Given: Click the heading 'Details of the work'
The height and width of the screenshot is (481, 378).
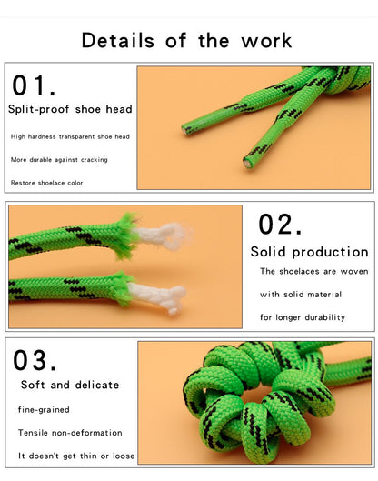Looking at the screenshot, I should (186, 40).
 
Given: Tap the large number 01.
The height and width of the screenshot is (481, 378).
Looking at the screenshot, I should (34, 85).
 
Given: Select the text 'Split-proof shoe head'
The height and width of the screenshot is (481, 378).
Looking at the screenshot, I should (70, 109).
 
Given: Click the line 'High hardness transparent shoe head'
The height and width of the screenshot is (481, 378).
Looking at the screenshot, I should (70, 136).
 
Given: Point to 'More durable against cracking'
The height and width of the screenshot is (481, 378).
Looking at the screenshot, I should (59, 159).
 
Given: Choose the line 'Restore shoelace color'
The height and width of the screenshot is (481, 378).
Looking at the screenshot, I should (48, 183).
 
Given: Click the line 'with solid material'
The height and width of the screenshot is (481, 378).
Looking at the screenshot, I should (295, 294).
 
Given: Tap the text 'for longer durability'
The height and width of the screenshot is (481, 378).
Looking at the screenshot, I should (303, 317).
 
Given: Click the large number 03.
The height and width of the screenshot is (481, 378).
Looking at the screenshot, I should (35, 360).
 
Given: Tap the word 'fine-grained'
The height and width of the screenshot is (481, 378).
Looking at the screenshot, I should (43, 409).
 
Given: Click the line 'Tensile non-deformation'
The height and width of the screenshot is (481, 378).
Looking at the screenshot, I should (69, 432).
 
